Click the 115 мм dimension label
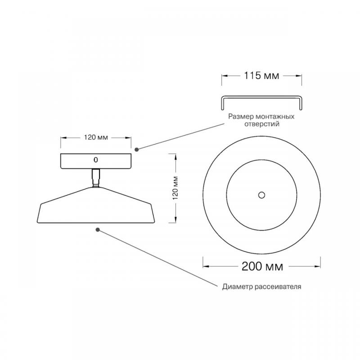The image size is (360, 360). pos(261,76)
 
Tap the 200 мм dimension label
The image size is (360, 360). pos(262,266)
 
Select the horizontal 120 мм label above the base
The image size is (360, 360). pos(96,138)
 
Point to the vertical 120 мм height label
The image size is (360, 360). pos(175,188)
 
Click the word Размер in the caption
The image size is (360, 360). pos(241,117)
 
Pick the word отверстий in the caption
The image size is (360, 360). pos(262,124)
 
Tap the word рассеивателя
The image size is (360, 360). pos(278,287)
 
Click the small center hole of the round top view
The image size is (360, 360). pos(261,195)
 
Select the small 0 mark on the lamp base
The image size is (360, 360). pos(96,160)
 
